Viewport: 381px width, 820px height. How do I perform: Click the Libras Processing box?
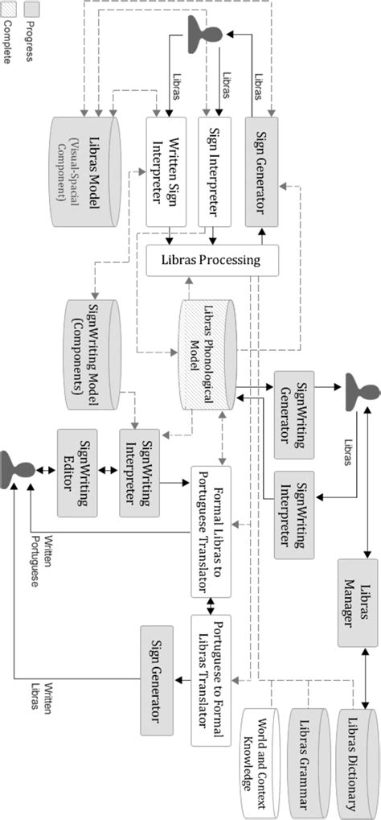pos(212,260)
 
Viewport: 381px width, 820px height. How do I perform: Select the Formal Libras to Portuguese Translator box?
pos(211,531)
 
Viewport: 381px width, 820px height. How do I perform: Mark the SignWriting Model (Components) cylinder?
pos(92,354)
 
